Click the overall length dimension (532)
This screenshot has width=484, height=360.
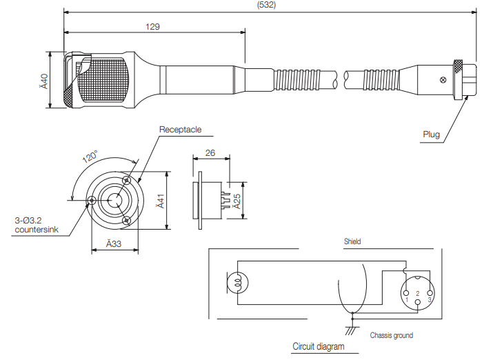[x=267, y=5]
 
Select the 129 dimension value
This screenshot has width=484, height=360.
[x=153, y=27]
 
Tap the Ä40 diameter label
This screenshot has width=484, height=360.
[x=43, y=81]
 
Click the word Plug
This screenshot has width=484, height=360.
[x=431, y=134]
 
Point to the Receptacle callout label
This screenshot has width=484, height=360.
[x=180, y=129]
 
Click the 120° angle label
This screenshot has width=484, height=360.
[x=90, y=157]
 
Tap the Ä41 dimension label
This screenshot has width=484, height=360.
[x=159, y=201]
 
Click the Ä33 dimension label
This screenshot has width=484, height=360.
[x=114, y=243]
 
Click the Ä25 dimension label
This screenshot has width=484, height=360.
[x=236, y=201]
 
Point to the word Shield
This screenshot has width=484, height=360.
[x=352, y=242]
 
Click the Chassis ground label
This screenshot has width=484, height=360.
[x=392, y=336]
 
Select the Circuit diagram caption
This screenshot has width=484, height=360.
[x=318, y=346]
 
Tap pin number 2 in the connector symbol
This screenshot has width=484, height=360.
[x=418, y=294]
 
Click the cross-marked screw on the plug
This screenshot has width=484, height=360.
[x=443, y=81]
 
